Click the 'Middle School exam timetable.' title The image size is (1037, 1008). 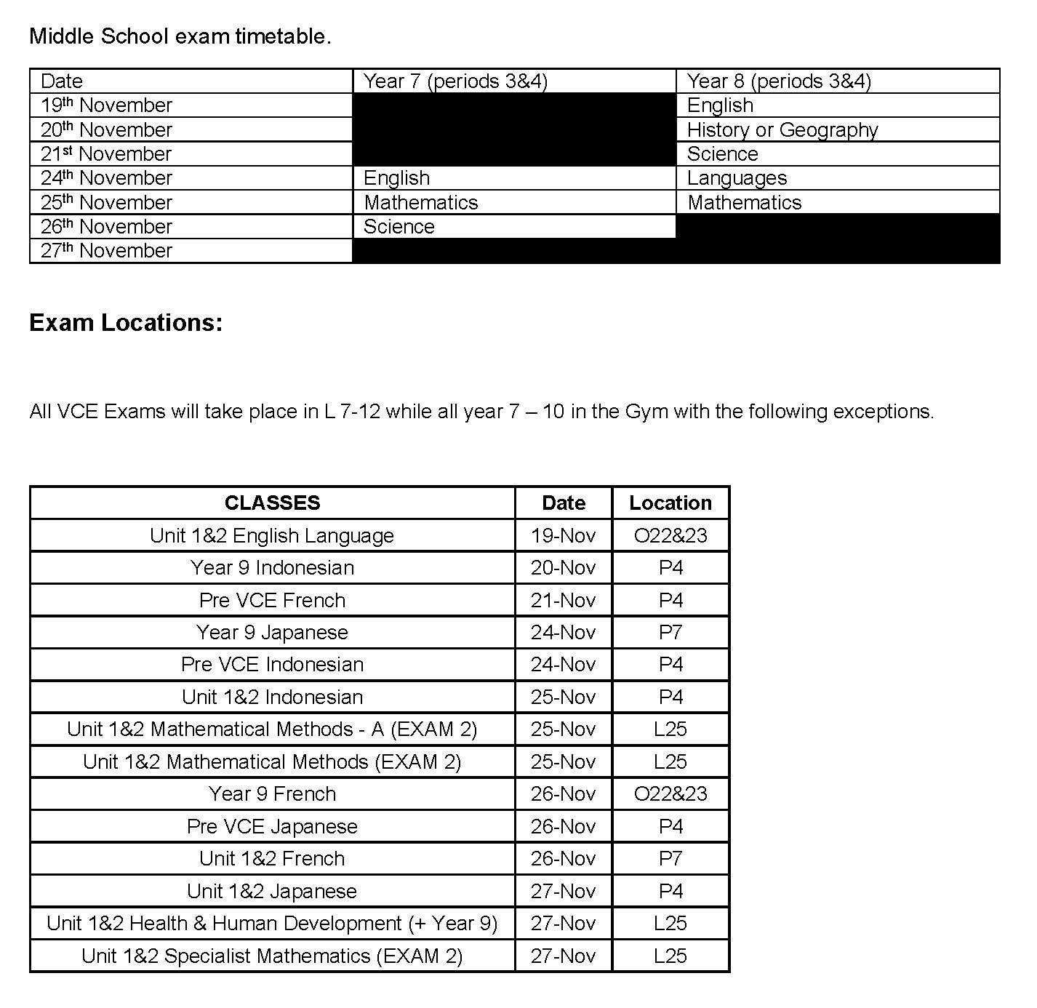click(180, 36)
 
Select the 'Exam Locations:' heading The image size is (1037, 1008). click(126, 322)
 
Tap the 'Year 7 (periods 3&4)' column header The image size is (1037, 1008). click(455, 81)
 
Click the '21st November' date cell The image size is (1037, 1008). click(106, 153)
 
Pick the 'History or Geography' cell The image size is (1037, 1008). click(782, 129)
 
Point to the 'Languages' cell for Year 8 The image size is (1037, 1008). click(737, 178)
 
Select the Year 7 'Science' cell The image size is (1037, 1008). click(399, 226)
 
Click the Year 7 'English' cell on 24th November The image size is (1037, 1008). click(396, 178)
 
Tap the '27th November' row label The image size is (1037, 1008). click(106, 251)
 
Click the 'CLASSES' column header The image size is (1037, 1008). click(272, 503)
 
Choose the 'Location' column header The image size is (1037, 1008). click(670, 503)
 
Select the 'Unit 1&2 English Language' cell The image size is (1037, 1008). click(272, 535)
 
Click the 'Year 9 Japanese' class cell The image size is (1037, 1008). click(272, 632)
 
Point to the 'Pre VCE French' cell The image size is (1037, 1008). click(272, 600)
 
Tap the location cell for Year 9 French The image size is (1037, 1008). click(670, 793)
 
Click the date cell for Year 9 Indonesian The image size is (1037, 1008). click(563, 567)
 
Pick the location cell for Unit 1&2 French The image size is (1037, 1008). click(670, 858)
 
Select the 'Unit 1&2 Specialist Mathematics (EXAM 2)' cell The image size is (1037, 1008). click(272, 956)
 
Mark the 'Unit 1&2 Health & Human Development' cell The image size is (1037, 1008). click(272, 923)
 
